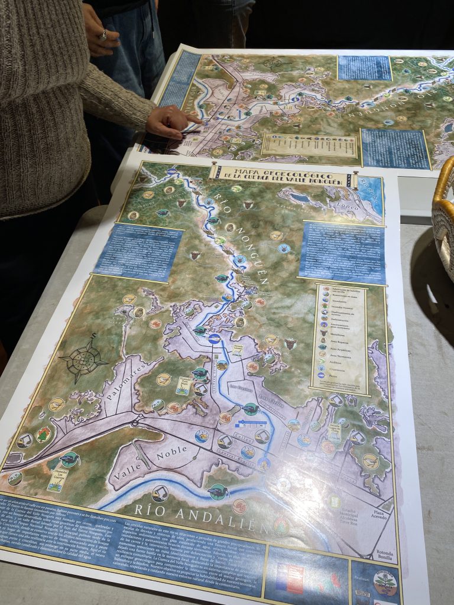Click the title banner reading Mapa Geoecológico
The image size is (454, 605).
(280, 175)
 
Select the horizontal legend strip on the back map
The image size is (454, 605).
(309, 145)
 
